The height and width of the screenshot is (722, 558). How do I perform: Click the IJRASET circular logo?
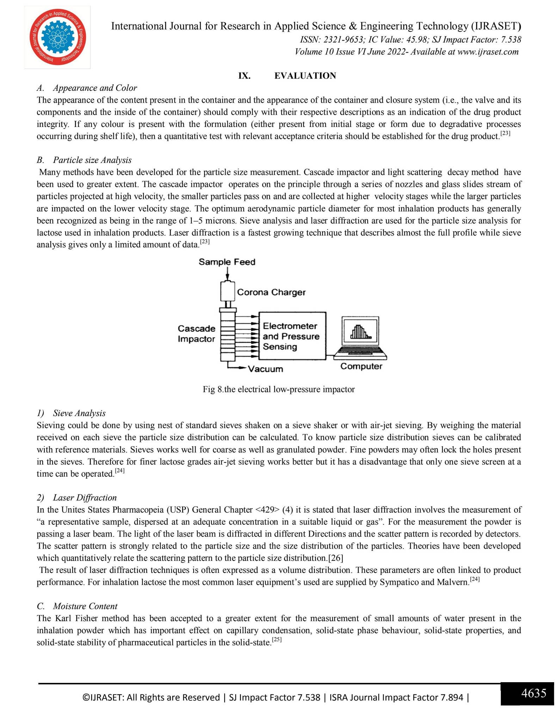point(57,37)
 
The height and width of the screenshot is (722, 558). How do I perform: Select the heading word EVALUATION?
point(305,76)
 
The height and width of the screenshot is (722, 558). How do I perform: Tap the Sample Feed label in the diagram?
point(227,262)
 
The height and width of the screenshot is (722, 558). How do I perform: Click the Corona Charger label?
point(271,292)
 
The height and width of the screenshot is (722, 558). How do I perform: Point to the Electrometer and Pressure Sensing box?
point(292,336)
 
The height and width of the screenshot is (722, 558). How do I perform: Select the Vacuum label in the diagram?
point(265,369)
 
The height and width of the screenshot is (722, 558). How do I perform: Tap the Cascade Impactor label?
point(196,334)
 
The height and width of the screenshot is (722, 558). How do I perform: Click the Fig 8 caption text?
point(278,389)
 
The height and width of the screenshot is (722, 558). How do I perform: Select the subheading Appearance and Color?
point(95,88)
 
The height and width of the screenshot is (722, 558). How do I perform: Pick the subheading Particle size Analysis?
point(92,160)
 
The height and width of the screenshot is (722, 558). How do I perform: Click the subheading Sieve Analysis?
point(79,413)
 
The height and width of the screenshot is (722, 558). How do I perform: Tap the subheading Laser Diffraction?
point(85,497)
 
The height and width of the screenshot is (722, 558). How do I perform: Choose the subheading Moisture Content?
point(85,606)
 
